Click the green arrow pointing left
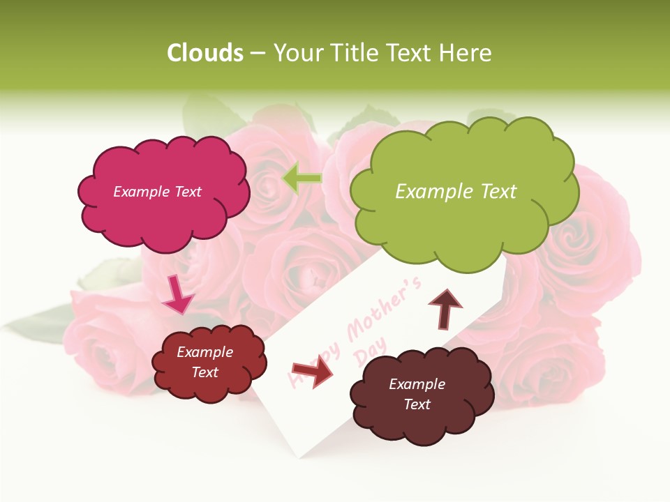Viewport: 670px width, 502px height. (x=301, y=178)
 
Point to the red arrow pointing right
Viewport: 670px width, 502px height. (x=311, y=370)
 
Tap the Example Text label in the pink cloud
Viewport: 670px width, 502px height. (x=157, y=192)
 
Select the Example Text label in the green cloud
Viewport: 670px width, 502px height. (x=456, y=192)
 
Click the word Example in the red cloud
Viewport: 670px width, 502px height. (x=204, y=352)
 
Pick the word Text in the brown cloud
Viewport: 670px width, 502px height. (x=417, y=404)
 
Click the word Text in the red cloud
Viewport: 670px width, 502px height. (x=204, y=372)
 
